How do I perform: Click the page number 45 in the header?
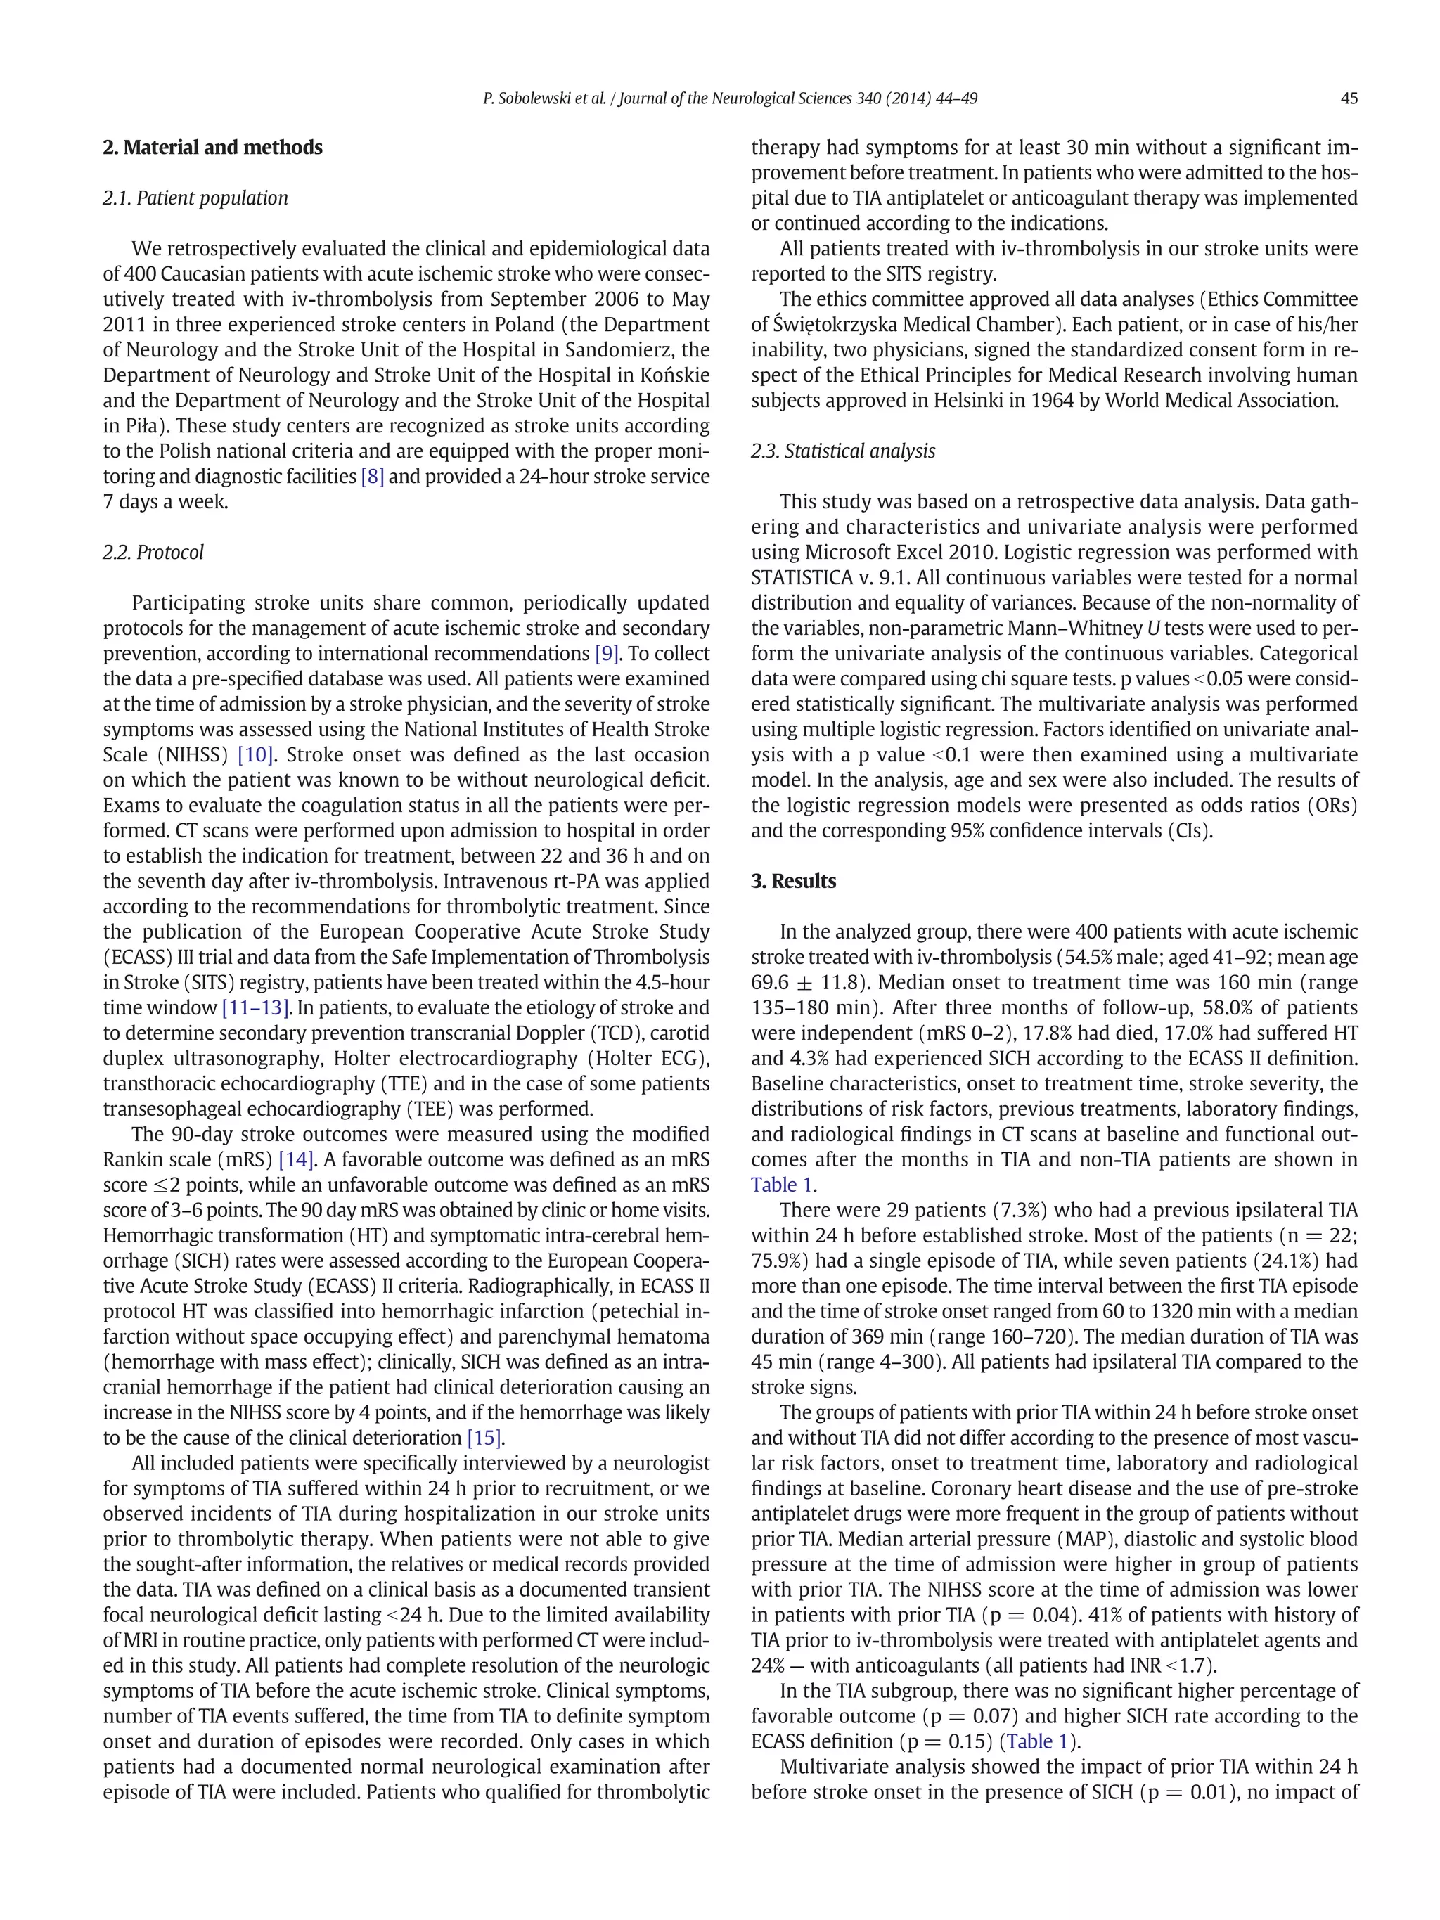point(1348,99)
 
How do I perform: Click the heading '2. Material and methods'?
point(212,148)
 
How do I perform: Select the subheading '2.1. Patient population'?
point(195,198)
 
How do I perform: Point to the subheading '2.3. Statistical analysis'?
point(843,451)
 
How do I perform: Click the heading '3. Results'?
point(793,881)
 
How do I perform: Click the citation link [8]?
point(373,477)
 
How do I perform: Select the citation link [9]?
point(607,654)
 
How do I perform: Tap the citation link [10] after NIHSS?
point(255,755)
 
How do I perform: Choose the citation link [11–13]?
point(256,1007)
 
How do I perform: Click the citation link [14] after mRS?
point(296,1159)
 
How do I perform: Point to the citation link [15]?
point(485,1438)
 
